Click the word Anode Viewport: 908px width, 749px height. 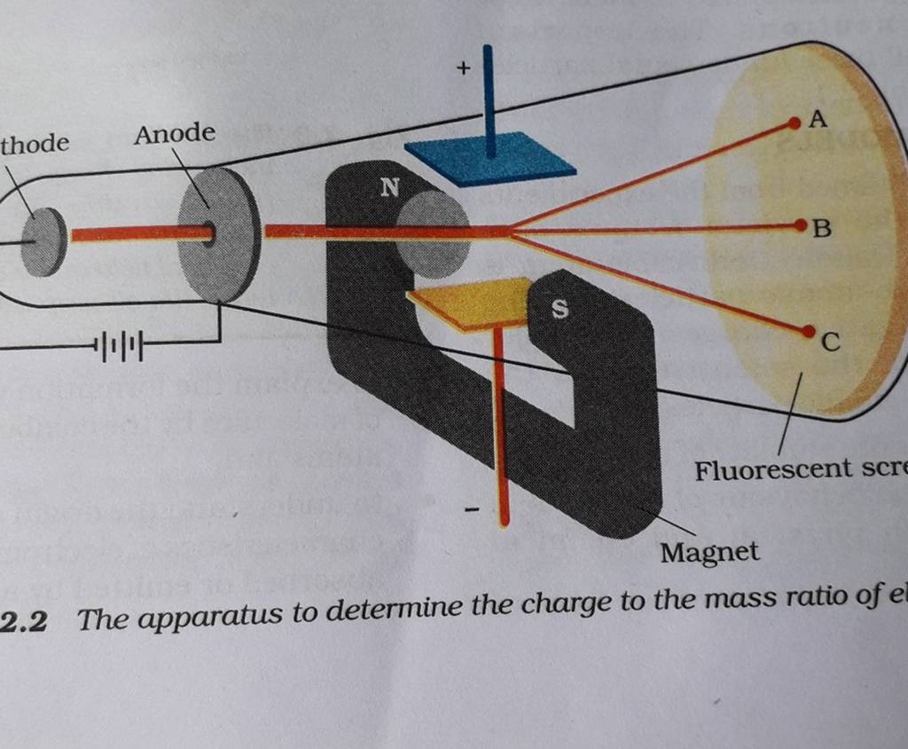pyautogui.click(x=175, y=134)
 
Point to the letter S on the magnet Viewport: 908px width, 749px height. pyautogui.click(x=559, y=309)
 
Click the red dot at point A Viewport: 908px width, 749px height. pyautogui.click(x=794, y=125)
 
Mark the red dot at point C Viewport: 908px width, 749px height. pyautogui.click(x=807, y=331)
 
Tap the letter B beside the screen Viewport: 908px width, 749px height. pyautogui.click(x=823, y=230)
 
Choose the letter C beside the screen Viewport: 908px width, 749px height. pyautogui.click(x=829, y=342)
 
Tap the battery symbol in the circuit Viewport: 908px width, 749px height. pyautogui.click(x=121, y=343)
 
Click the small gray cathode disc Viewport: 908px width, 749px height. pyautogui.click(x=44, y=240)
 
